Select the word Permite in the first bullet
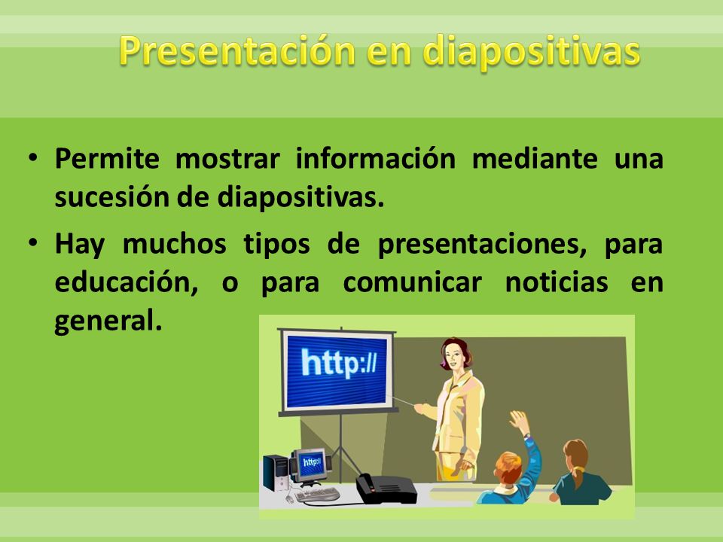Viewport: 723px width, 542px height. tap(107, 159)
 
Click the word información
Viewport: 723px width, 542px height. tap(375, 158)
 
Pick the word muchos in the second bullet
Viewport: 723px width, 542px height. tap(174, 243)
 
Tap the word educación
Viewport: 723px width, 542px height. tap(127, 283)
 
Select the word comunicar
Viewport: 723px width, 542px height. tap(413, 282)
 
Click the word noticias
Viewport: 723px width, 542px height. tap(557, 282)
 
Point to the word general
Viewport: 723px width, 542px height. tap(108, 321)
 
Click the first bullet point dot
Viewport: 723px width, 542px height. tap(32, 157)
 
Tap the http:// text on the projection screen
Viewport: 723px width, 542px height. tap(339, 363)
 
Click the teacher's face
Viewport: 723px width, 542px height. tap(453, 355)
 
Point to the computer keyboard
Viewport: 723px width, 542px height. tap(317, 495)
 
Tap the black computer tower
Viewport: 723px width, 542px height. tap(276, 473)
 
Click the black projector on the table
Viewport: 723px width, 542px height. tap(386, 489)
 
